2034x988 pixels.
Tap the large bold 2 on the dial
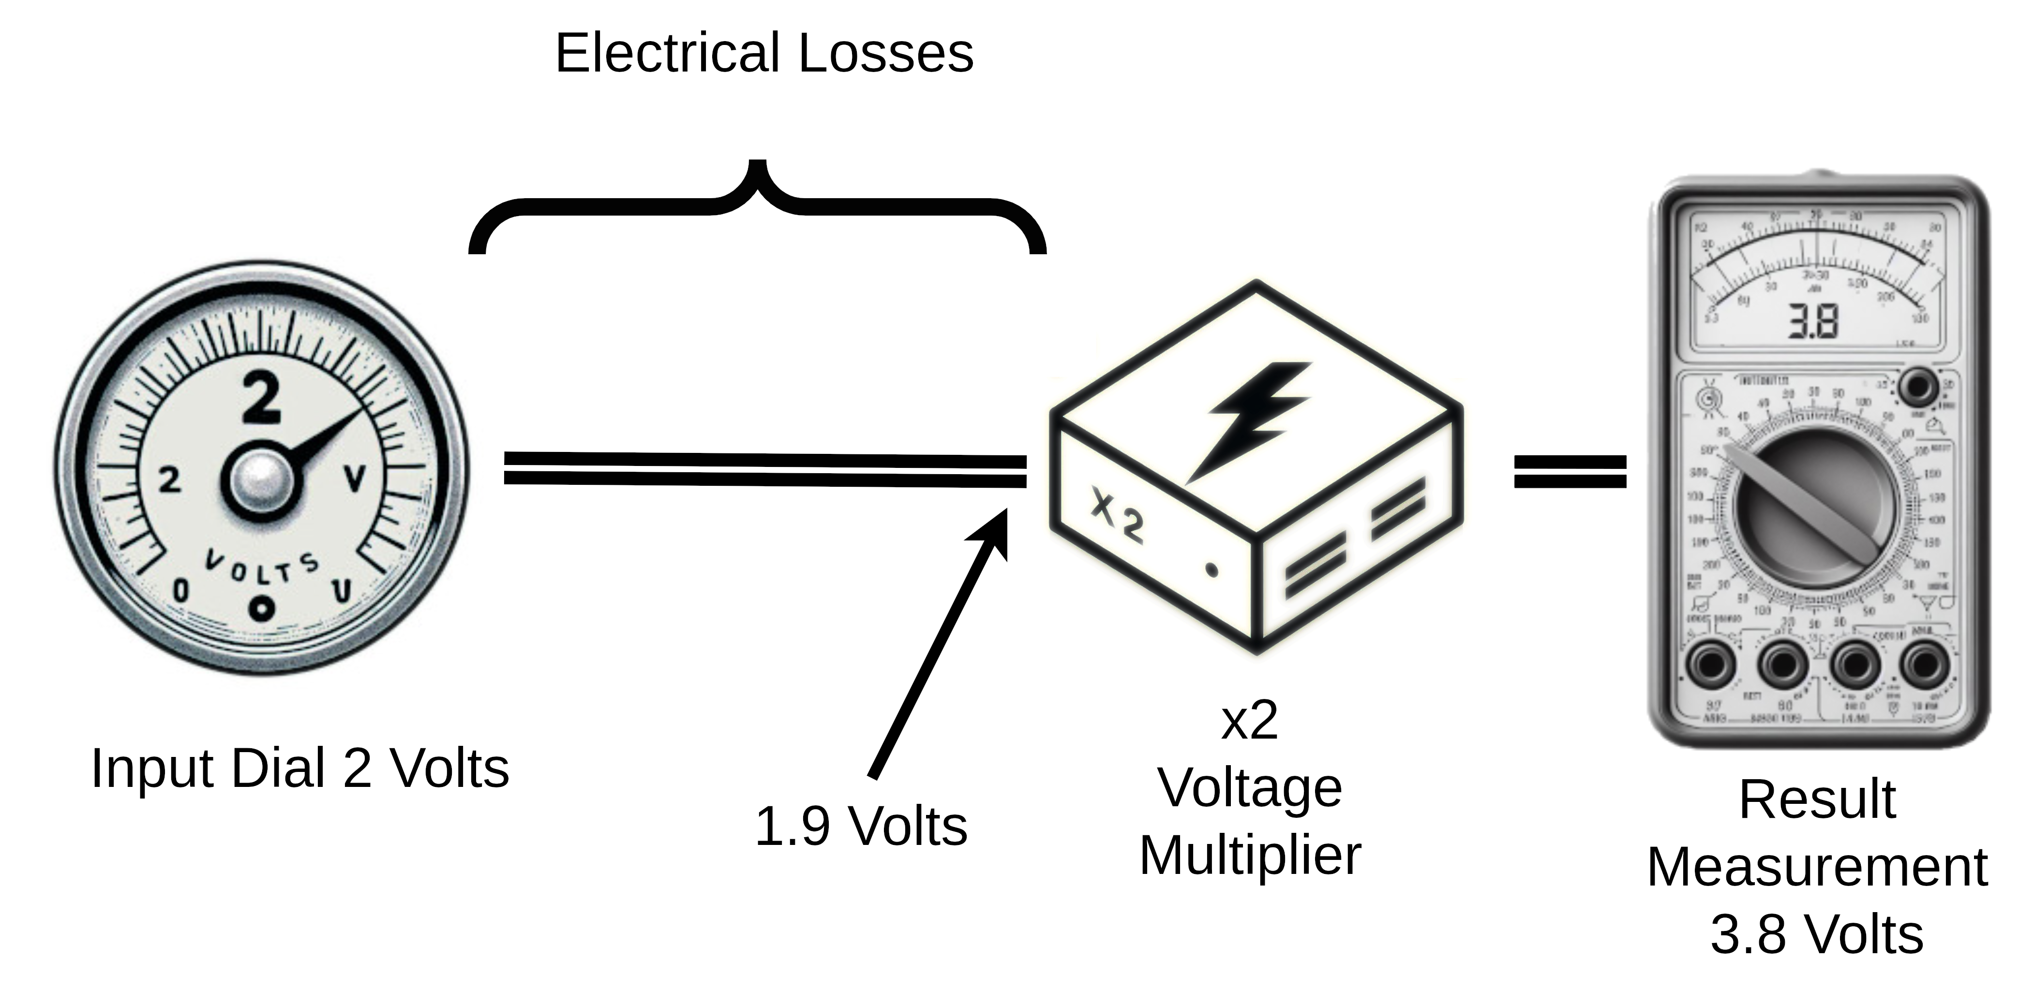pos(261,398)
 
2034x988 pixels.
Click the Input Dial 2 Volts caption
pos(300,768)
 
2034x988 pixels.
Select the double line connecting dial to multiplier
pos(764,469)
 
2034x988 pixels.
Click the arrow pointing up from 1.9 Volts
pos(940,643)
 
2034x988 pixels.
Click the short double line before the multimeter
pos(1570,472)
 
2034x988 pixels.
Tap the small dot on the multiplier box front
pos(1212,569)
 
